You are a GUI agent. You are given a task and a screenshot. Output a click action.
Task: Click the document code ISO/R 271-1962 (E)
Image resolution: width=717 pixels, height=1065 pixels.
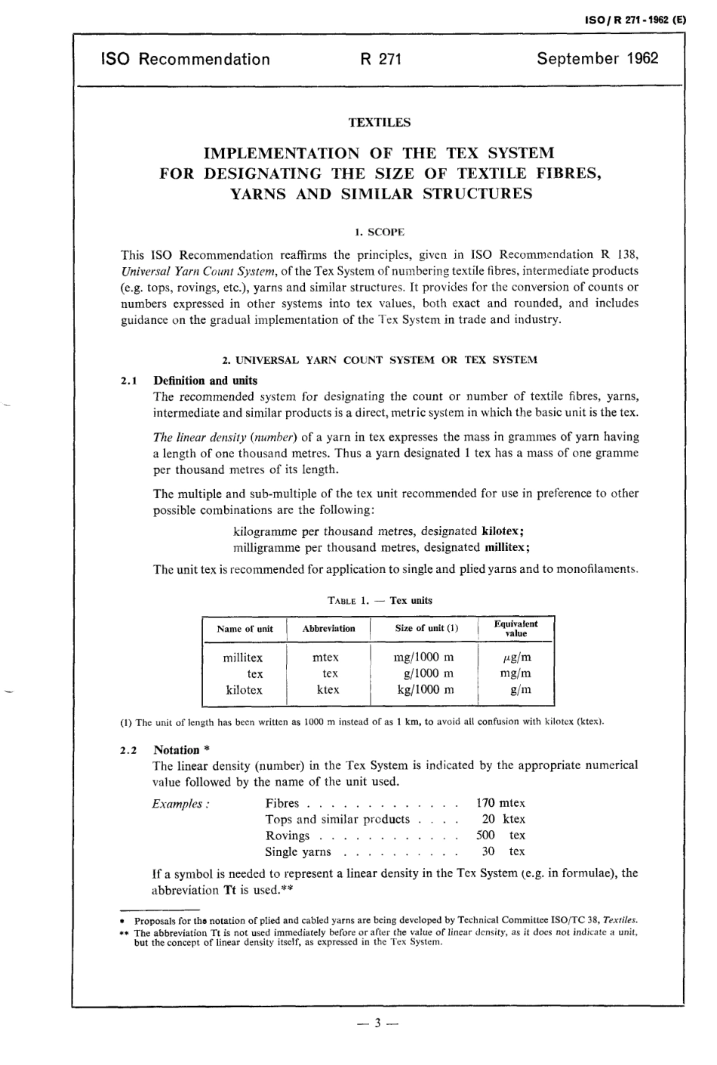(x=636, y=21)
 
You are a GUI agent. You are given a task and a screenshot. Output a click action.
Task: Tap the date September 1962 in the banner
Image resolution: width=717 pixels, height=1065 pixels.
(x=597, y=59)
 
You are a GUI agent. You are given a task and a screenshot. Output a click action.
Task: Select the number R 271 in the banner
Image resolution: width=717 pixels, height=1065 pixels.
(x=380, y=59)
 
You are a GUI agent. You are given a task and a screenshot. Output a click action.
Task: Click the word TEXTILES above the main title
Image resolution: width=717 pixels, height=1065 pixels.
(x=380, y=122)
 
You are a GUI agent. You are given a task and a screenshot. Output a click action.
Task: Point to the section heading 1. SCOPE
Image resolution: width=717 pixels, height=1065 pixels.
(x=380, y=231)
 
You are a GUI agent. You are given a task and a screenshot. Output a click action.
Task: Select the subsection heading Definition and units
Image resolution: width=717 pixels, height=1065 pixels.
(x=205, y=380)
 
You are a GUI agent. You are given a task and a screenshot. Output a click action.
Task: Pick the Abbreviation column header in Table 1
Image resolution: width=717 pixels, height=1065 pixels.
(x=328, y=629)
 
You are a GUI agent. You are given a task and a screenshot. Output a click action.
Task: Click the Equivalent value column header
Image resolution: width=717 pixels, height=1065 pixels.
(x=515, y=629)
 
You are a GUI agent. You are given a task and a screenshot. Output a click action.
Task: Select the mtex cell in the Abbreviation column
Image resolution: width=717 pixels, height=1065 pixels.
(x=326, y=657)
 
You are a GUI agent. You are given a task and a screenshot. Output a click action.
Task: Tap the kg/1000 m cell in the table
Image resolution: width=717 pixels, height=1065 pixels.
(x=425, y=689)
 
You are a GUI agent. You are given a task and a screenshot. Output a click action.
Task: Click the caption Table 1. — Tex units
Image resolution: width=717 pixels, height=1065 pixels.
(x=380, y=601)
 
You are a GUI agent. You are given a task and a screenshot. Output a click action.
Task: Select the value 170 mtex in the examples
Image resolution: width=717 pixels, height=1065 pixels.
(x=500, y=803)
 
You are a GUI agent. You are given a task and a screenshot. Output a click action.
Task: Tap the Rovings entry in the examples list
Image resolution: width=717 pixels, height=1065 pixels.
(x=288, y=836)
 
